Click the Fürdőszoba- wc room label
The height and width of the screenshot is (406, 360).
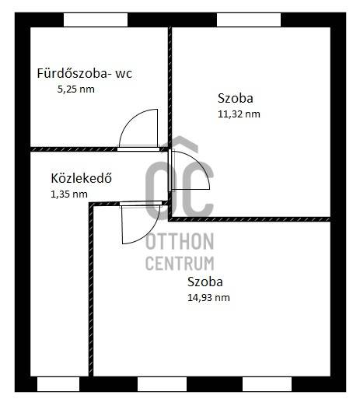[x=85, y=73]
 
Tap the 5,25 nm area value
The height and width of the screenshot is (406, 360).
[x=75, y=89]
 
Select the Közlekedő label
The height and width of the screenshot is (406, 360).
[x=81, y=178]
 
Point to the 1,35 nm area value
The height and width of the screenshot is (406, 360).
[x=69, y=194]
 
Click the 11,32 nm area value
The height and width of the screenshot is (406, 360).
[x=239, y=114]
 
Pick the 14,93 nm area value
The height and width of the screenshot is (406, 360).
[x=208, y=297]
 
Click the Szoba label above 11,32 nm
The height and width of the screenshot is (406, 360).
[x=236, y=98]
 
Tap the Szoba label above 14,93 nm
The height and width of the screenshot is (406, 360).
[x=205, y=282]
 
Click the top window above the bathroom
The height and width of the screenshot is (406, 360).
[x=96, y=20]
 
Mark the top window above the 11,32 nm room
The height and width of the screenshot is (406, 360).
[x=249, y=20]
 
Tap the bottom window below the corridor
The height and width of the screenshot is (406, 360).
[x=58, y=384]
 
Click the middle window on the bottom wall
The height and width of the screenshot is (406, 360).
[x=162, y=384]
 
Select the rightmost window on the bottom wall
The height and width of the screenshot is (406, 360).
[x=267, y=384]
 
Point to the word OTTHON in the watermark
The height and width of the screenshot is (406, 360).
[x=180, y=241]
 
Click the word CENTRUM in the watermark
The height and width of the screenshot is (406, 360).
[x=180, y=263]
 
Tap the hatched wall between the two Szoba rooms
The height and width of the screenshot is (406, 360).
[x=250, y=219]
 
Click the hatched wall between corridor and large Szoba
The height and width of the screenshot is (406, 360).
[x=91, y=289]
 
